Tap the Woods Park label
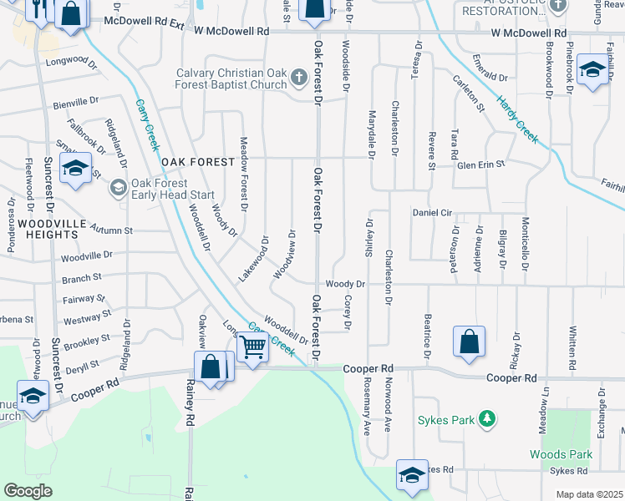pos(561,455)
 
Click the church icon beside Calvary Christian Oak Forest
pos(299,78)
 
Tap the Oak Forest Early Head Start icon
pos(119,186)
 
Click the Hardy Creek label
pos(518,119)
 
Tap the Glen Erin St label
pos(481,165)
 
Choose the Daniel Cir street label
pos(432,213)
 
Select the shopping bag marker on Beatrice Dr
pos(469,341)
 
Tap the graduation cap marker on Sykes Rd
pos(411,474)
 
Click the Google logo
pos(28,491)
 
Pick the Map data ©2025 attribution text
pos(589,494)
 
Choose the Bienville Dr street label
pos(75,102)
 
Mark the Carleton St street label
pos(469,94)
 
